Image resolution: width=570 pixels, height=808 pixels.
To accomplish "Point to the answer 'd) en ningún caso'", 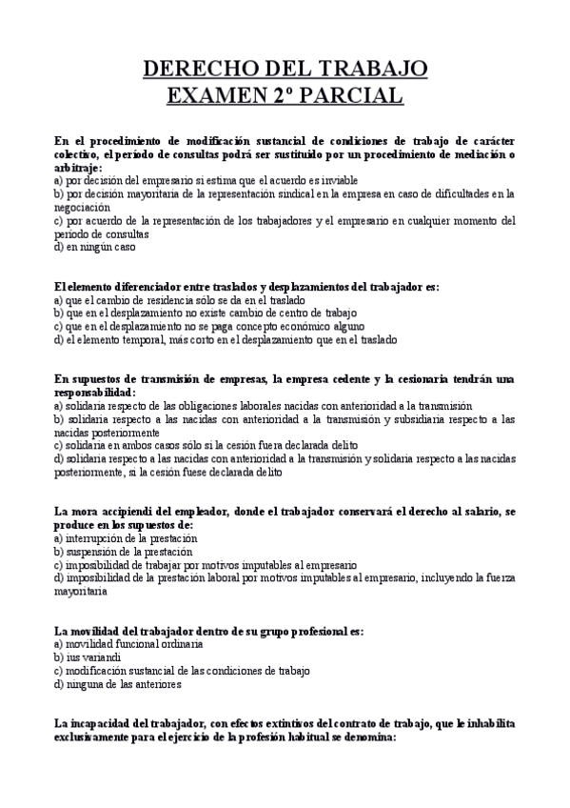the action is coord(95,248).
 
